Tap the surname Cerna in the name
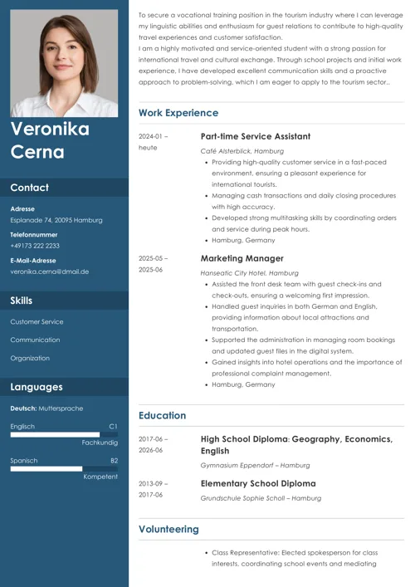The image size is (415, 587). pos(37,152)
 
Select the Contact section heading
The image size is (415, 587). pos(30,188)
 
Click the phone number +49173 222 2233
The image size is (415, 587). pos(35,246)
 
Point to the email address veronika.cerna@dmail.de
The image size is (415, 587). pos(50,271)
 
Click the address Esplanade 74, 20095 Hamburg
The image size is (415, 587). pos(56,220)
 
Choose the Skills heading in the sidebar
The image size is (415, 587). pos(22,300)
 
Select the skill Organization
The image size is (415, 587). pos(30,358)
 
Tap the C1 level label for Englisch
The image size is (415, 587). pos(113,426)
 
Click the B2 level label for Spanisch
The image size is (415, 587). pos(114,460)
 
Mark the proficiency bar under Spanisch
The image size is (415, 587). pos(46,468)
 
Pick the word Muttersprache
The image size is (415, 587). pos(62,408)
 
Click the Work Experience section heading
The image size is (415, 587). pos(178,113)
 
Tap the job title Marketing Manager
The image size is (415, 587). pos(242,258)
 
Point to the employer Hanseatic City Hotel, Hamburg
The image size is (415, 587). pos(249,272)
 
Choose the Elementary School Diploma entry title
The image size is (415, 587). pos(258,483)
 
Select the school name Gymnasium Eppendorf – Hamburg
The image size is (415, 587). pos(255,466)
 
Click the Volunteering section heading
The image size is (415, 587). pos(168,529)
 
